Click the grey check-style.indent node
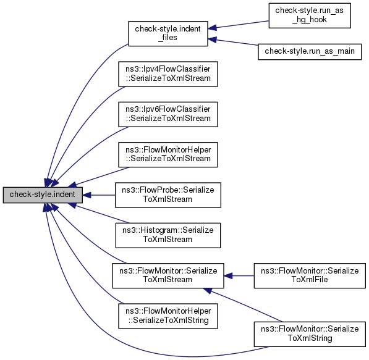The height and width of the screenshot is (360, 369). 43,195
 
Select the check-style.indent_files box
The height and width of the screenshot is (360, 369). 168,33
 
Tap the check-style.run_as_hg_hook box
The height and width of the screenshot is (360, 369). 310,15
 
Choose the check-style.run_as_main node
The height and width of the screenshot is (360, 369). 310,51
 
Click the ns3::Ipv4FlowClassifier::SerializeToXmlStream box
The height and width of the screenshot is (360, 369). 168,74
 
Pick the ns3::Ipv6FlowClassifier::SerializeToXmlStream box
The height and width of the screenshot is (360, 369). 168,114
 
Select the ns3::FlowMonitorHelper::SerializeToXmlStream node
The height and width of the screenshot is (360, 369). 168,155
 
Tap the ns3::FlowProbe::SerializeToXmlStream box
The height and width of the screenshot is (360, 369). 168,195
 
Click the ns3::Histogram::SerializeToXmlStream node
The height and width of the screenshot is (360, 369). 168,235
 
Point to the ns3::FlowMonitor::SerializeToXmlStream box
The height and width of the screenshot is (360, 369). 168,275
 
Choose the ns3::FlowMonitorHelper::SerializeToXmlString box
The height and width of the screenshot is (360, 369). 168,316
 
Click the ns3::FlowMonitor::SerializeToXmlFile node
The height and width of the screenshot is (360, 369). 310,275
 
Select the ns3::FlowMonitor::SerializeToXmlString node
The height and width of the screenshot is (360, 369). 310,334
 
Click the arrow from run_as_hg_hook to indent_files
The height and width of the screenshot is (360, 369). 239,25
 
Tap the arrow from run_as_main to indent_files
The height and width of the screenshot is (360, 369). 233,42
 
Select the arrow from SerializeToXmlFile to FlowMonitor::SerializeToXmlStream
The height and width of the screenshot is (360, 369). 239,276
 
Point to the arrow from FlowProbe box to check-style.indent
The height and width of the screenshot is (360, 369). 99,195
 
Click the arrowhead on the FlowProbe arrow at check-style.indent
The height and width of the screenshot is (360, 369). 87,195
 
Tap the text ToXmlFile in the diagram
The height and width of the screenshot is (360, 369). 310,280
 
